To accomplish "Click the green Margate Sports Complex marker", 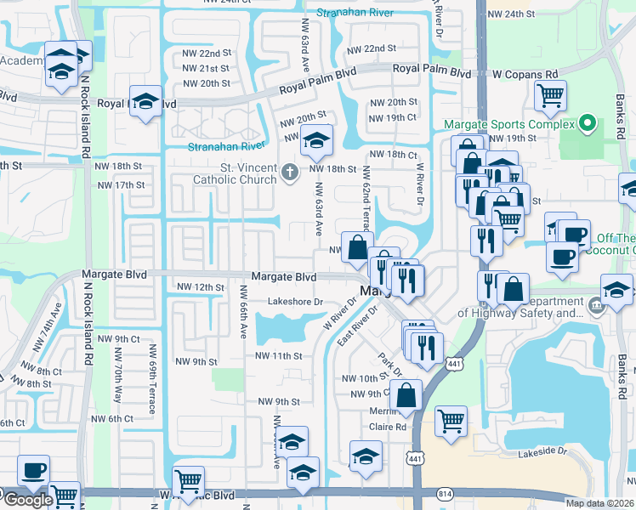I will [x=586, y=125].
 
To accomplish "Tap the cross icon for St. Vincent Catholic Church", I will [x=289, y=173].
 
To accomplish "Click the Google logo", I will [x=27, y=500].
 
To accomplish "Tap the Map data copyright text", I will [x=599, y=503].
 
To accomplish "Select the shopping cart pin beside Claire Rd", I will [x=451, y=419].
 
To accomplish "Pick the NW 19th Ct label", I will [x=393, y=117].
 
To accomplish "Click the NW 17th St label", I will [x=121, y=184].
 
